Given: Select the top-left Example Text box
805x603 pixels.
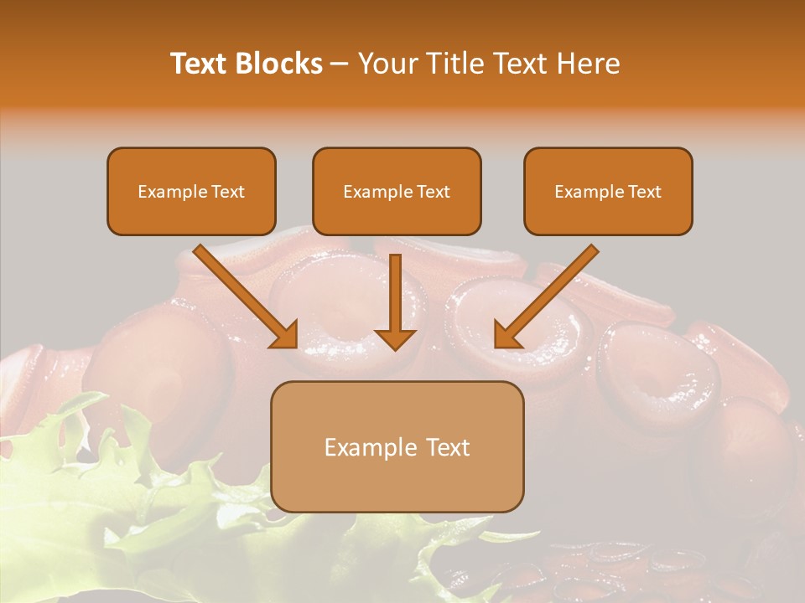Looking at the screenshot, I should (x=191, y=191).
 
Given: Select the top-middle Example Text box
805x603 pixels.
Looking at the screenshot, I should (x=397, y=191).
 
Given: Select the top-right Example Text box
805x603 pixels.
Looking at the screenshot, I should (x=608, y=191).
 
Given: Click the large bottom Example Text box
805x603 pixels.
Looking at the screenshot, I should (x=397, y=446).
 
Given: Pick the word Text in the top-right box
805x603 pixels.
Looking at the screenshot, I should (x=644, y=192).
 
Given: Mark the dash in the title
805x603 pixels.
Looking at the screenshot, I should (x=340, y=64).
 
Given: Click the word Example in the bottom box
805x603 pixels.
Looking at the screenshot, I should (x=371, y=447).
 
